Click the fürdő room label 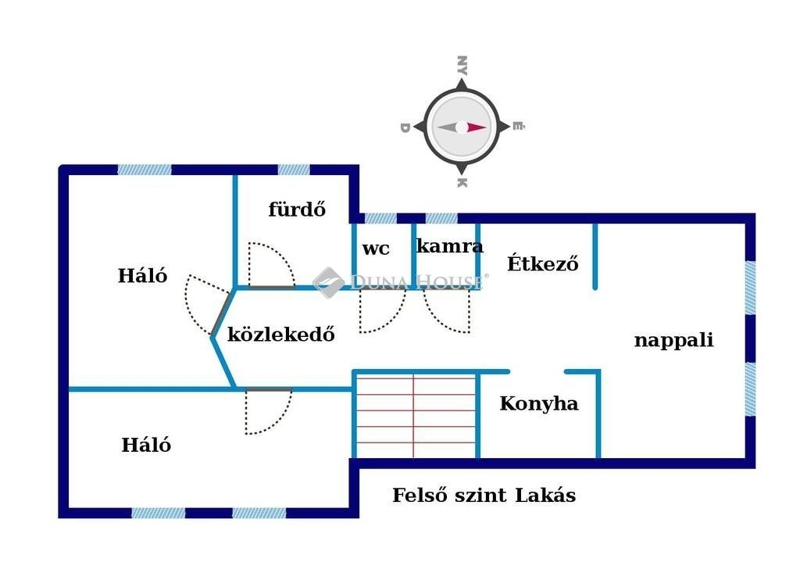tap(297, 210)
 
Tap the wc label tap(376, 249)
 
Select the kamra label tap(449, 246)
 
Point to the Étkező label tap(542, 263)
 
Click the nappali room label tap(673, 340)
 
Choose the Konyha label tap(539, 403)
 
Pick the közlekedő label tap(281, 335)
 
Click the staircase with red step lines tap(415, 415)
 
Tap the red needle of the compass tap(477, 127)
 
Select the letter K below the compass tap(462, 183)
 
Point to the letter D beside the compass tap(405, 127)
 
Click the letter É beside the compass tap(519, 127)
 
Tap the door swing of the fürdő tap(270, 266)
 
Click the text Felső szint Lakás tap(484, 495)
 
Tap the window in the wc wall tap(380, 218)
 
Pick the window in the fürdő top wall tap(294, 170)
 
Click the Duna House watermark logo tap(329, 282)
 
